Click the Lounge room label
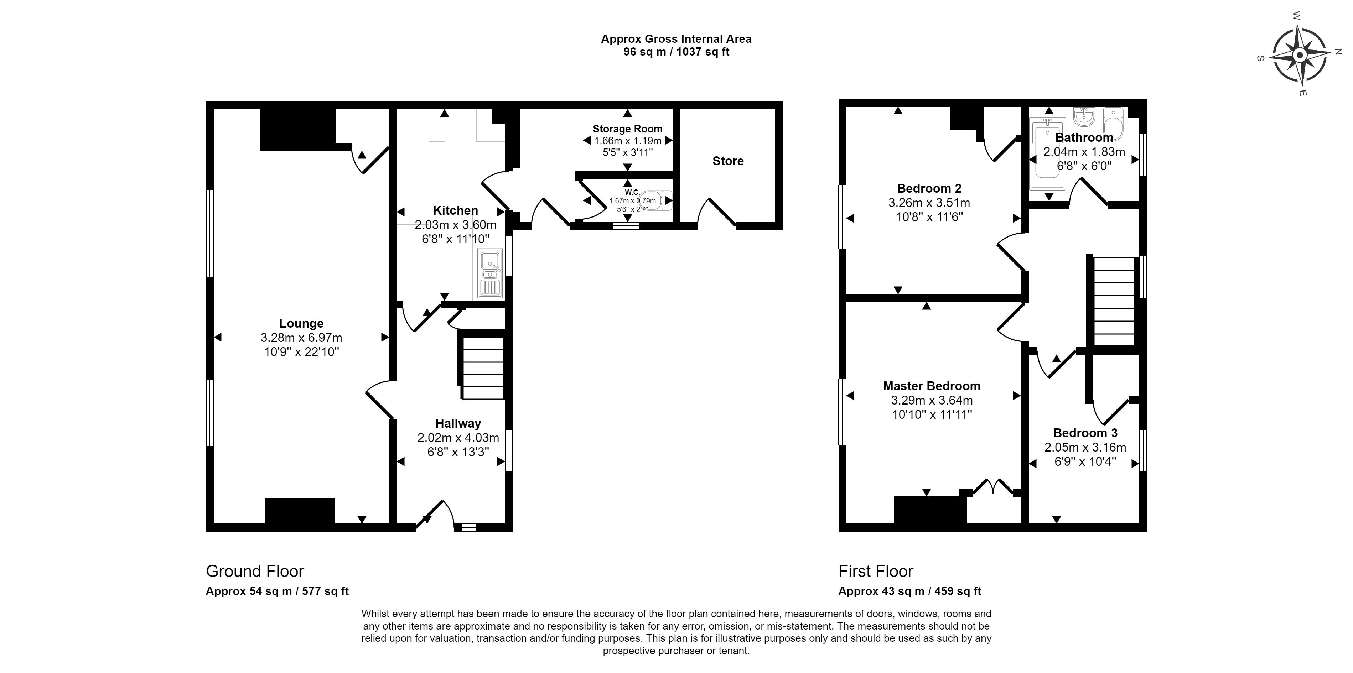301,323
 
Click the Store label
727,161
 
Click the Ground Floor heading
255,571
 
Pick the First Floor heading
876,571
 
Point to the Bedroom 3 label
1085,433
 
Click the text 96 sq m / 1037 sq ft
676,52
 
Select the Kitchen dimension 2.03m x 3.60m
455,225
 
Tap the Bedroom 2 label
929,188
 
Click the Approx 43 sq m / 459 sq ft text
909,591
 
